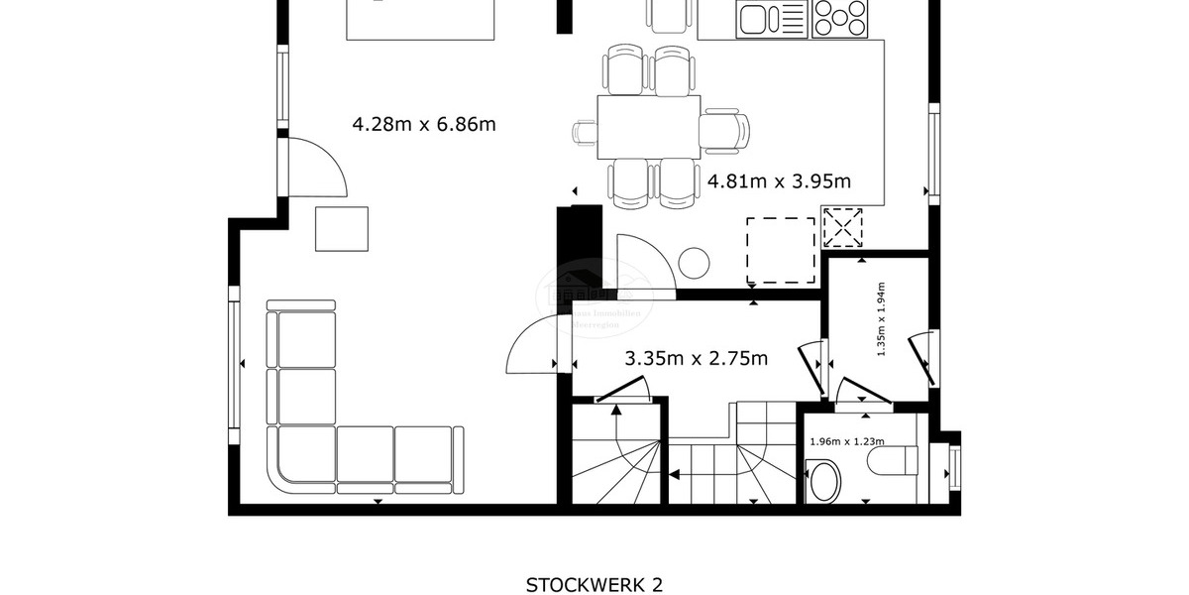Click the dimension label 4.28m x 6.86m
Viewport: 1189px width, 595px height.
point(424,124)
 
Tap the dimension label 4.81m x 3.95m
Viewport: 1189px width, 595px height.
point(779,181)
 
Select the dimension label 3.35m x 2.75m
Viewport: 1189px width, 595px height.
point(696,358)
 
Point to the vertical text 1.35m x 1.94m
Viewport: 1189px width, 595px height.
point(881,317)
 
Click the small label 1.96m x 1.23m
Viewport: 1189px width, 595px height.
point(847,442)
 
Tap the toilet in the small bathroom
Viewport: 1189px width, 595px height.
point(892,460)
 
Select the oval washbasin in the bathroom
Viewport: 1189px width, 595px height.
point(823,485)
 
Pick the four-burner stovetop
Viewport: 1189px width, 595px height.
point(837,19)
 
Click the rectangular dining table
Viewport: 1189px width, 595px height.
point(648,126)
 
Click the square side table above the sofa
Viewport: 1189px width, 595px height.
point(342,228)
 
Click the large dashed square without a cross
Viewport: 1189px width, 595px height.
point(781,248)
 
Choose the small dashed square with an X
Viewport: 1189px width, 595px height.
point(844,227)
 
